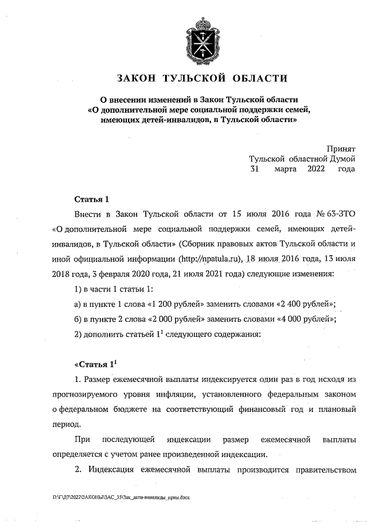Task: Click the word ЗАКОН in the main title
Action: point(137,78)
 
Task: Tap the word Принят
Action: point(341,148)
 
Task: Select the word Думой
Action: point(341,159)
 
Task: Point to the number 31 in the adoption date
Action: point(255,170)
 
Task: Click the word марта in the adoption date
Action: point(286,170)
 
